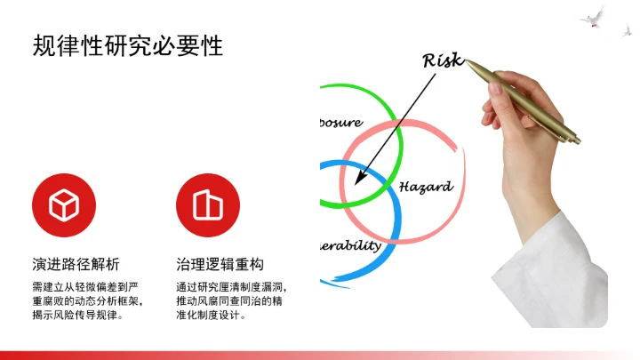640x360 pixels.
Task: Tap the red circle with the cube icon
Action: (64, 205)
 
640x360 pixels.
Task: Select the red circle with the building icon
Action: (208, 205)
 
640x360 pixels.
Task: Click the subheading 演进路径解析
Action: (76, 265)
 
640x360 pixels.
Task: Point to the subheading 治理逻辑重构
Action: (220, 265)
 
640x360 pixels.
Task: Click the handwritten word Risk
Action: (442, 60)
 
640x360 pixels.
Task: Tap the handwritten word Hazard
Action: (425, 187)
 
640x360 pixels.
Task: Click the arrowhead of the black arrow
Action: (358, 180)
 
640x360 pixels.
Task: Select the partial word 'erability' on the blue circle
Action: (349, 245)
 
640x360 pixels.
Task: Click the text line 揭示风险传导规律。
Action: (76, 315)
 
